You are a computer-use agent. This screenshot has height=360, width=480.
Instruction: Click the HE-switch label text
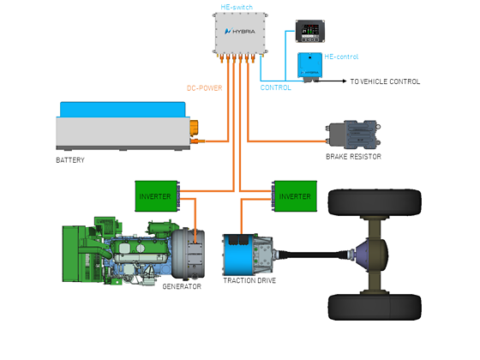point(237,7)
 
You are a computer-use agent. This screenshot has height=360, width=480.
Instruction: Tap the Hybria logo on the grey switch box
point(240,31)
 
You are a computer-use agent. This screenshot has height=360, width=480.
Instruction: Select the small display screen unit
point(309,31)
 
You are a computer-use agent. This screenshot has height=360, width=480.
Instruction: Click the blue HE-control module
point(309,66)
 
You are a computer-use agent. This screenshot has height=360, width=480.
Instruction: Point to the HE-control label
point(341,57)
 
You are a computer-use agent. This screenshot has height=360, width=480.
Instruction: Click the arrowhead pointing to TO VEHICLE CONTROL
point(344,81)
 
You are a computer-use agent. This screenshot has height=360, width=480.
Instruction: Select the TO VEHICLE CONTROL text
point(385,81)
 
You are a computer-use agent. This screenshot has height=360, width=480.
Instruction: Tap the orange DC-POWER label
point(205,88)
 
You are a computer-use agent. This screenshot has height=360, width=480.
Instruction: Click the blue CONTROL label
point(275,87)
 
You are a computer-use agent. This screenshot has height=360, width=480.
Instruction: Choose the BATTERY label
point(70,160)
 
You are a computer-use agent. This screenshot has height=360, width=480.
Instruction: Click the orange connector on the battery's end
point(194,128)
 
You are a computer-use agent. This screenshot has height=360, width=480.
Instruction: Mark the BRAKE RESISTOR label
point(353,156)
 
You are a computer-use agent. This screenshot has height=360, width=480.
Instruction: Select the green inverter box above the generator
point(157,196)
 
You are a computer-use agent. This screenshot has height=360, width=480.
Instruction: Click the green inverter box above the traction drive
point(295,196)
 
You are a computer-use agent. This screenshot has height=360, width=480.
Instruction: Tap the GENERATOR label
point(182,286)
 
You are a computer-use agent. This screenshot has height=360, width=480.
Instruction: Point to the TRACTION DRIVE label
point(249,280)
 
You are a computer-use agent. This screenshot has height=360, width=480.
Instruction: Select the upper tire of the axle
point(375,203)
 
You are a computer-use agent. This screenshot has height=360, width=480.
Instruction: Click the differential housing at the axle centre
point(372,255)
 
